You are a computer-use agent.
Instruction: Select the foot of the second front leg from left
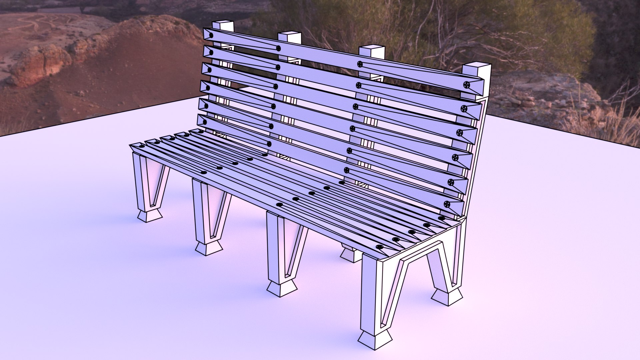click(209, 248)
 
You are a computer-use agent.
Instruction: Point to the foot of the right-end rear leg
click(447, 296)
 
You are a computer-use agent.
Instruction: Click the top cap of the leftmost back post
click(223, 24)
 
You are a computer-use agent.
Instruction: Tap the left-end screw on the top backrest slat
click(211, 35)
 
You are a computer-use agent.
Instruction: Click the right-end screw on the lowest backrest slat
click(447, 204)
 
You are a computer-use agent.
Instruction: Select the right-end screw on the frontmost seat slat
click(379, 247)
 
